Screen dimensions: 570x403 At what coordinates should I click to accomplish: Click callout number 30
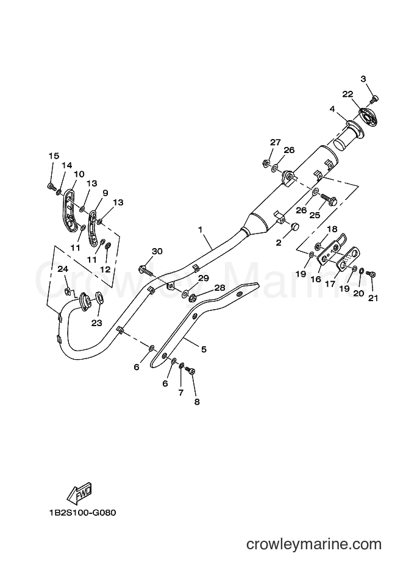pos(157,251)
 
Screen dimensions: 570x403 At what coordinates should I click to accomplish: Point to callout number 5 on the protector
pos(203,349)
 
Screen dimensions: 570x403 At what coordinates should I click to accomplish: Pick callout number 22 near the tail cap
pos(348,93)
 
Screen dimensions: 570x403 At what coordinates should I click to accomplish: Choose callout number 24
pos(62,269)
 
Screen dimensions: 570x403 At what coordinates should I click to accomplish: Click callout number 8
pos(196,402)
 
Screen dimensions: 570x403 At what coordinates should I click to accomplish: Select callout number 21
pos(373,297)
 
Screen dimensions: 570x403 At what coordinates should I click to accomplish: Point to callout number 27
pos(276,143)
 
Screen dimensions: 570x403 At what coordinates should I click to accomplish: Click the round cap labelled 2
pos(293,227)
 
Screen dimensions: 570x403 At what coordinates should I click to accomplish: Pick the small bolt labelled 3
pos(375,98)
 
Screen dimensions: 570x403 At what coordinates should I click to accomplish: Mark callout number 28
pos(219,288)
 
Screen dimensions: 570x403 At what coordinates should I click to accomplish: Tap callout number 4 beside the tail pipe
pos(333,110)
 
